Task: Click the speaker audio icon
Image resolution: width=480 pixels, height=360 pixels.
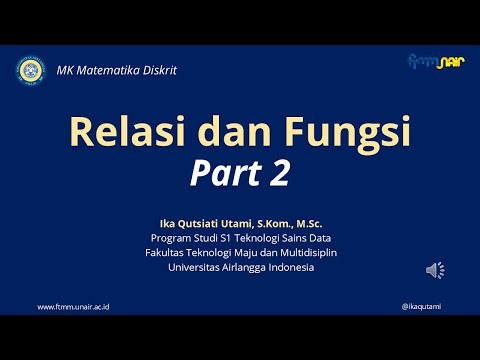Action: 435,270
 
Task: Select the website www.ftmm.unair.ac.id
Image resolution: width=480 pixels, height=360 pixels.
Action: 72,306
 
